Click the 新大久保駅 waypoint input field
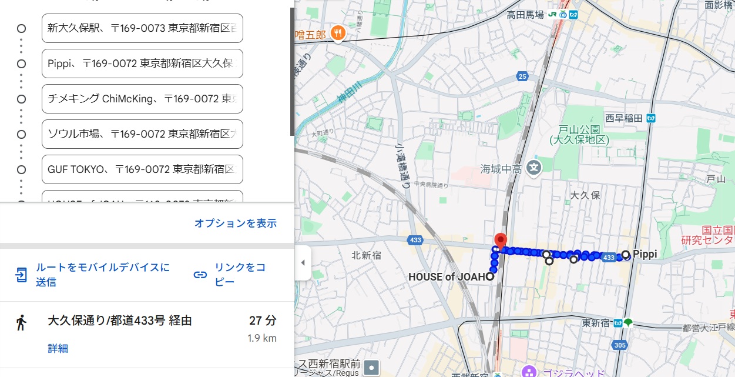point(142,28)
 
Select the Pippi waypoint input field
point(142,64)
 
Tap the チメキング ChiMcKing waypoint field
point(142,99)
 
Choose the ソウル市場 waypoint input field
point(142,134)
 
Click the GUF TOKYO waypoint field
point(142,169)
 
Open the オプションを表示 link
point(235,223)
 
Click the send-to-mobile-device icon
point(22,275)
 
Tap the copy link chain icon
point(200,275)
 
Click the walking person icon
point(22,322)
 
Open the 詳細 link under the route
point(58,349)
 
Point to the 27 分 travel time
point(263,321)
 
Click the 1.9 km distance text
point(262,338)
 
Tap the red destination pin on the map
point(500,241)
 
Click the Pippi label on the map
point(645,255)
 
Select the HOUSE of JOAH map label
point(446,276)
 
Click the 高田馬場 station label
point(525,15)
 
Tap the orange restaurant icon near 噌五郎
point(337,34)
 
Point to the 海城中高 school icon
point(534,168)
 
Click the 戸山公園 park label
point(579,135)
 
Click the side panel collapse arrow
point(303,262)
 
